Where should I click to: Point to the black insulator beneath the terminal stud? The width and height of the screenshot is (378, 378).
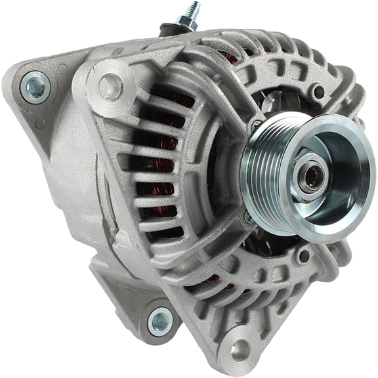170,31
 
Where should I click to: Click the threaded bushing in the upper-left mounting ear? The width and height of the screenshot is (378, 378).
34,87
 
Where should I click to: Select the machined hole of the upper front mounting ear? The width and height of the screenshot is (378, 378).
110,86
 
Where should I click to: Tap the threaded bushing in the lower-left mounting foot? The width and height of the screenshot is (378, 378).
159,321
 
